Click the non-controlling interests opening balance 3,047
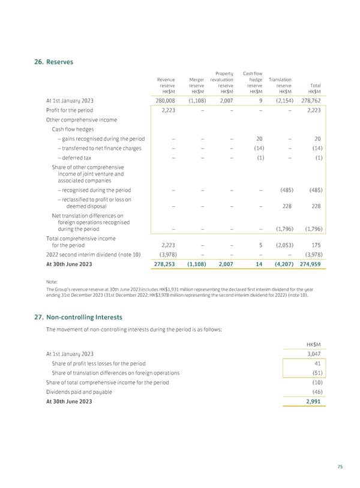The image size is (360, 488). pyautogui.click(x=314, y=354)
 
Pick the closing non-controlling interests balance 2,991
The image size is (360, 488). pyautogui.click(x=314, y=402)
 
